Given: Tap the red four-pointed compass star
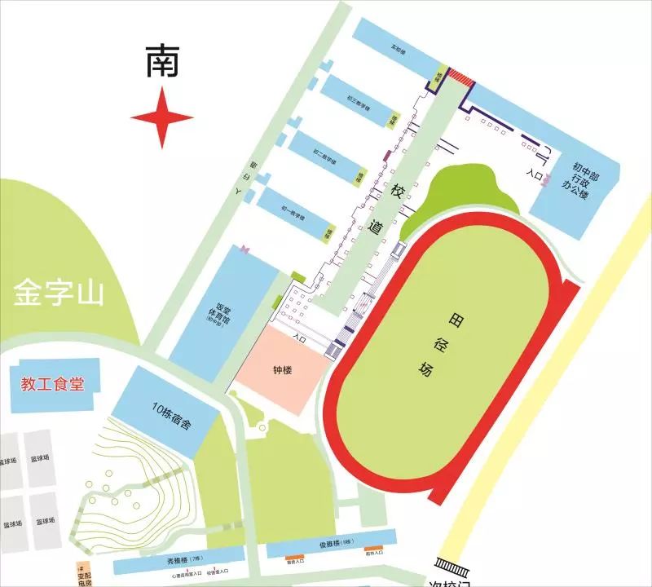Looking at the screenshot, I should [162, 118].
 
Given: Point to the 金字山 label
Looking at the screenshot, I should [59, 293].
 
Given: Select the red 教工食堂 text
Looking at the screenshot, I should [53, 384].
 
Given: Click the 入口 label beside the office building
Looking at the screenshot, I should [535, 174].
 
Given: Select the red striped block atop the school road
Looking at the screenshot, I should [461, 77].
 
